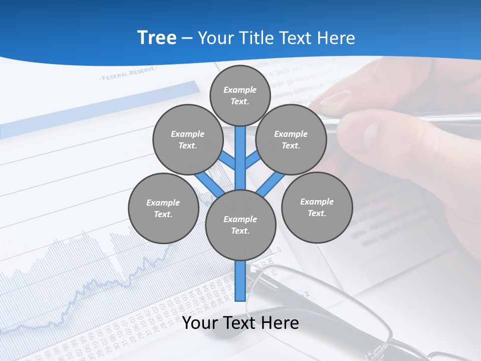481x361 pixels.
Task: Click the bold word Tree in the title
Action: (157, 38)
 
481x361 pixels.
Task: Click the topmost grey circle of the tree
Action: (240, 95)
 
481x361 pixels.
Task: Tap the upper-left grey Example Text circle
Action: (188, 139)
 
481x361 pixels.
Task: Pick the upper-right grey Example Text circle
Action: (291, 139)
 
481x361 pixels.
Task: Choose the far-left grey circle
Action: (163, 208)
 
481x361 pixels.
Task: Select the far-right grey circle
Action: (317, 207)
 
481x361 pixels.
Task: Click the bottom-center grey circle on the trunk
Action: (241, 225)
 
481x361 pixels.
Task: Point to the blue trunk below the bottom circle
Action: (241, 281)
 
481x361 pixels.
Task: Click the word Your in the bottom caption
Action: (200, 323)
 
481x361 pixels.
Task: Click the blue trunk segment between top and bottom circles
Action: (241, 160)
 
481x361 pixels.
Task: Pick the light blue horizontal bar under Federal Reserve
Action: (100, 108)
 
